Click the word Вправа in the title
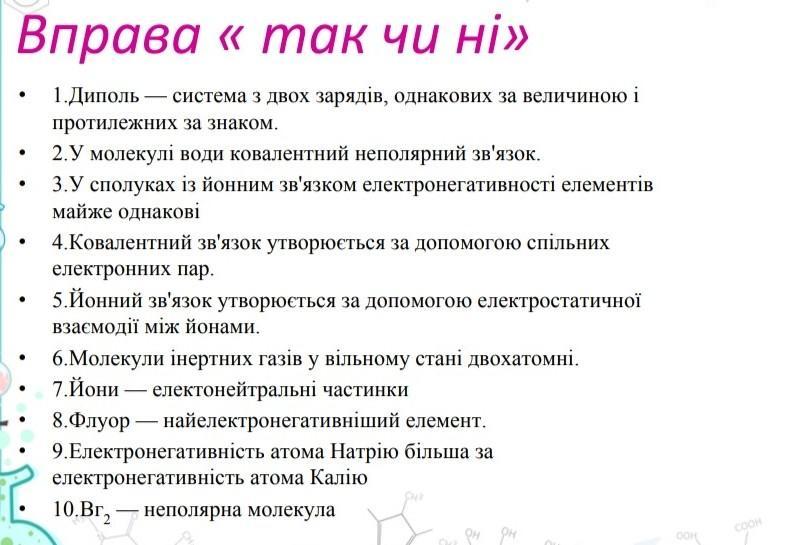click(x=109, y=37)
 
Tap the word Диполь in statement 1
click(x=104, y=95)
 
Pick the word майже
click(x=82, y=212)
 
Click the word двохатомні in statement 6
click(x=523, y=359)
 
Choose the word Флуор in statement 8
click(x=99, y=420)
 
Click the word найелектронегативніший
click(x=281, y=420)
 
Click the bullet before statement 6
click(x=22, y=359)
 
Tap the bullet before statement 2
click(x=22, y=154)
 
